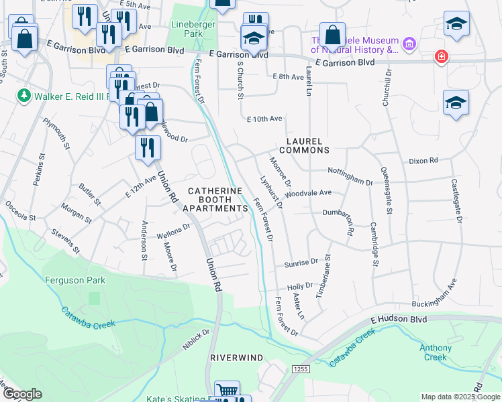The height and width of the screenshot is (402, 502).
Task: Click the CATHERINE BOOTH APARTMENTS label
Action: click(215, 200)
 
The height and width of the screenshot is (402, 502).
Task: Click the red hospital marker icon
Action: click(441, 56)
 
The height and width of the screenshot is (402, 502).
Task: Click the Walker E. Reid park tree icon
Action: click(25, 95)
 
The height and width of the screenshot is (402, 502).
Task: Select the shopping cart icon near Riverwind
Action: click(227, 390)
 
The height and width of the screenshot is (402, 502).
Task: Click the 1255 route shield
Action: click(300, 368)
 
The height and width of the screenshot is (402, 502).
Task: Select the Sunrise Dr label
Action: click(300, 263)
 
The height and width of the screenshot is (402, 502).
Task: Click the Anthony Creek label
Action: click(436, 352)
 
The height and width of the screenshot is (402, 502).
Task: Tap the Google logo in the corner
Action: click(22, 393)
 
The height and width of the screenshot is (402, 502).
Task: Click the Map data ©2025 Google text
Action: click(460, 397)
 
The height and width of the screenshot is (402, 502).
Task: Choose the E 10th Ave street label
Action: click(264, 119)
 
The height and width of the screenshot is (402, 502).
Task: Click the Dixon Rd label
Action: click(423, 161)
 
